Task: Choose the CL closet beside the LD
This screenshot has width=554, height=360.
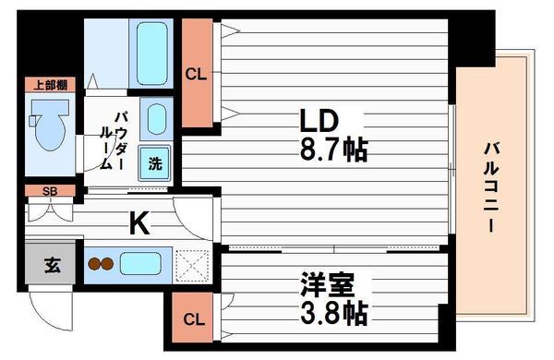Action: [195, 73]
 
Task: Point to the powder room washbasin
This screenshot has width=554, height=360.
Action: [157, 119]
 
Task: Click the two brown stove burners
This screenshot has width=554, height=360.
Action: [100, 264]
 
